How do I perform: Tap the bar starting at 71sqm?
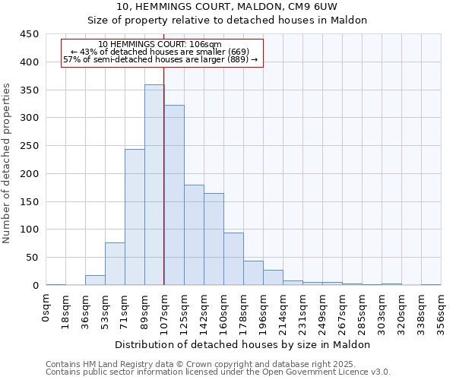point(135,217)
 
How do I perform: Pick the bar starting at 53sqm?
point(115,264)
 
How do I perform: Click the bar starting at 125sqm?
point(194,235)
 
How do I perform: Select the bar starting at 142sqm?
point(214,239)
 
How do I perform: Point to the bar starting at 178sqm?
point(253,273)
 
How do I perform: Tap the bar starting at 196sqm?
point(273,277)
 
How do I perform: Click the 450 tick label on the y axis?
point(30,34)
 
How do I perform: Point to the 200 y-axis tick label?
point(30,174)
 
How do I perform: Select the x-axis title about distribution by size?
point(243,344)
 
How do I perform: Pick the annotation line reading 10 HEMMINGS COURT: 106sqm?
point(160,45)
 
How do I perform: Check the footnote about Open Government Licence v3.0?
point(218,372)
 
